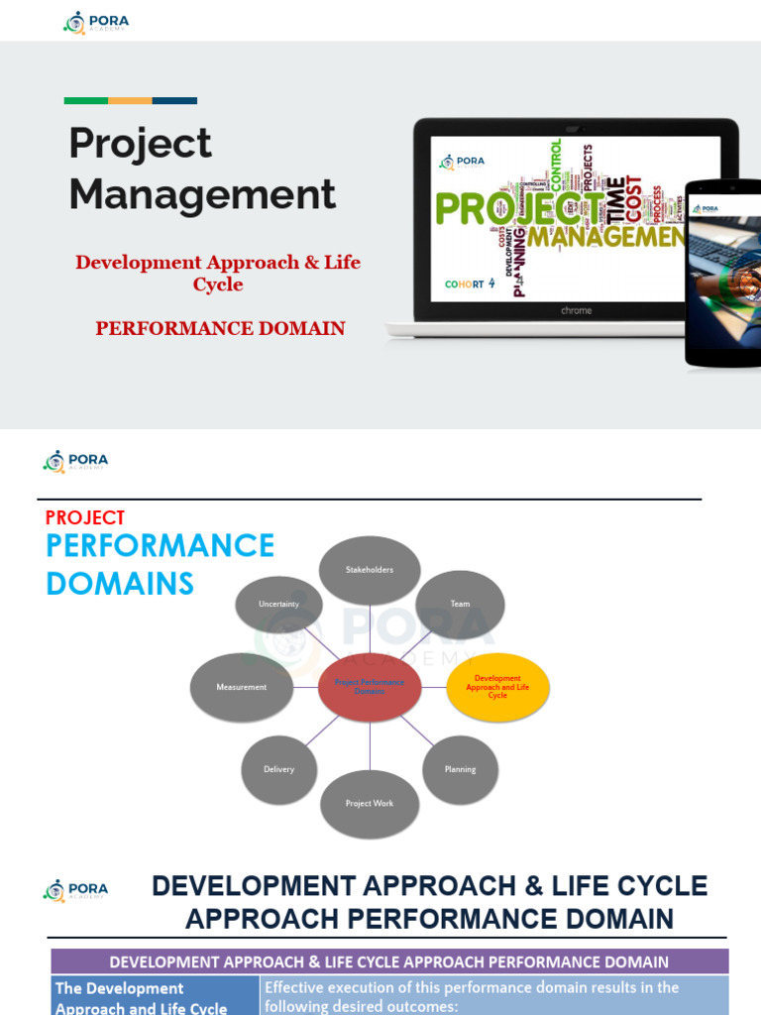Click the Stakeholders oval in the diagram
(370, 570)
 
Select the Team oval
(460, 604)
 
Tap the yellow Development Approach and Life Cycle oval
(497, 687)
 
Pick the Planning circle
(460, 769)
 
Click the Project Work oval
(370, 804)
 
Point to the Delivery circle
(279, 769)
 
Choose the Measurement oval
(242, 687)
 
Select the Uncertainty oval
(278, 604)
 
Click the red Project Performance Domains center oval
(370, 687)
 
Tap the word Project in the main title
(140, 144)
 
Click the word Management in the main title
(202, 194)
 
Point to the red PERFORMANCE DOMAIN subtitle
(220, 328)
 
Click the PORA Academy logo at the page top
(96, 22)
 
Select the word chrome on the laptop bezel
(576, 310)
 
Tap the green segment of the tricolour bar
(86, 100)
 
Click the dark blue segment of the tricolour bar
(174, 100)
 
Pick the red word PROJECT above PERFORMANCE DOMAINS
(85, 517)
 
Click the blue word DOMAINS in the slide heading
(120, 584)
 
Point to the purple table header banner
(389, 961)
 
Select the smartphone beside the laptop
(724, 273)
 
